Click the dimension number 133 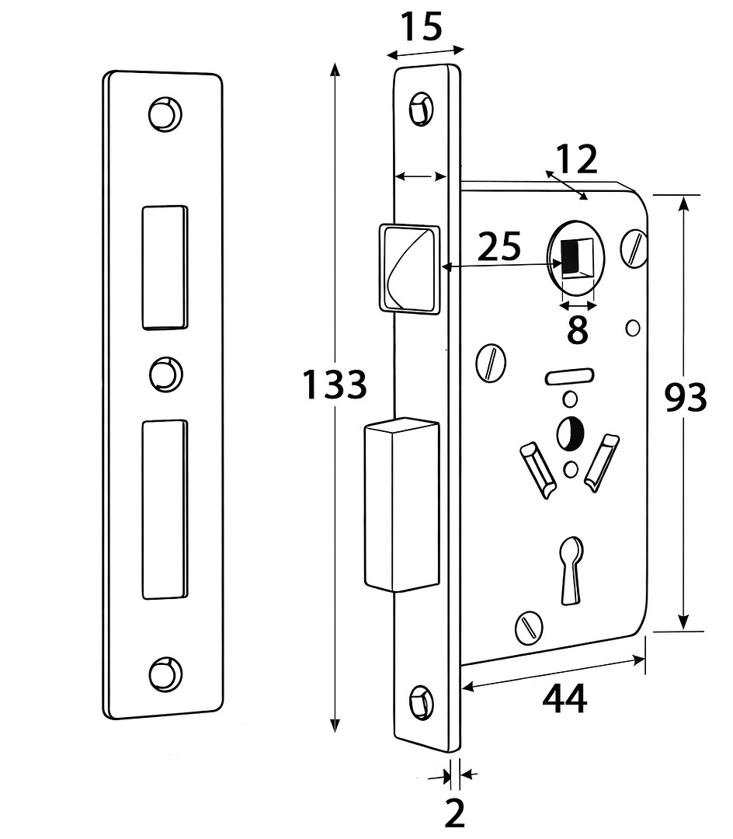click(334, 385)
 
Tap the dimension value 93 click(686, 398)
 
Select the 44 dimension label click(565, 699)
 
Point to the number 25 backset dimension click(499, 247)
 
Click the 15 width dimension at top click(422, 27)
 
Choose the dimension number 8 click(577, 330)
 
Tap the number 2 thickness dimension click(454, 813)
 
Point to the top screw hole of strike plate click(165, 113)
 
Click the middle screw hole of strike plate click(165, 374)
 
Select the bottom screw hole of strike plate click(165, 672)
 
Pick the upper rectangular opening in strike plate click(165, 266)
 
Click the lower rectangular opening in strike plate click(165, 509)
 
